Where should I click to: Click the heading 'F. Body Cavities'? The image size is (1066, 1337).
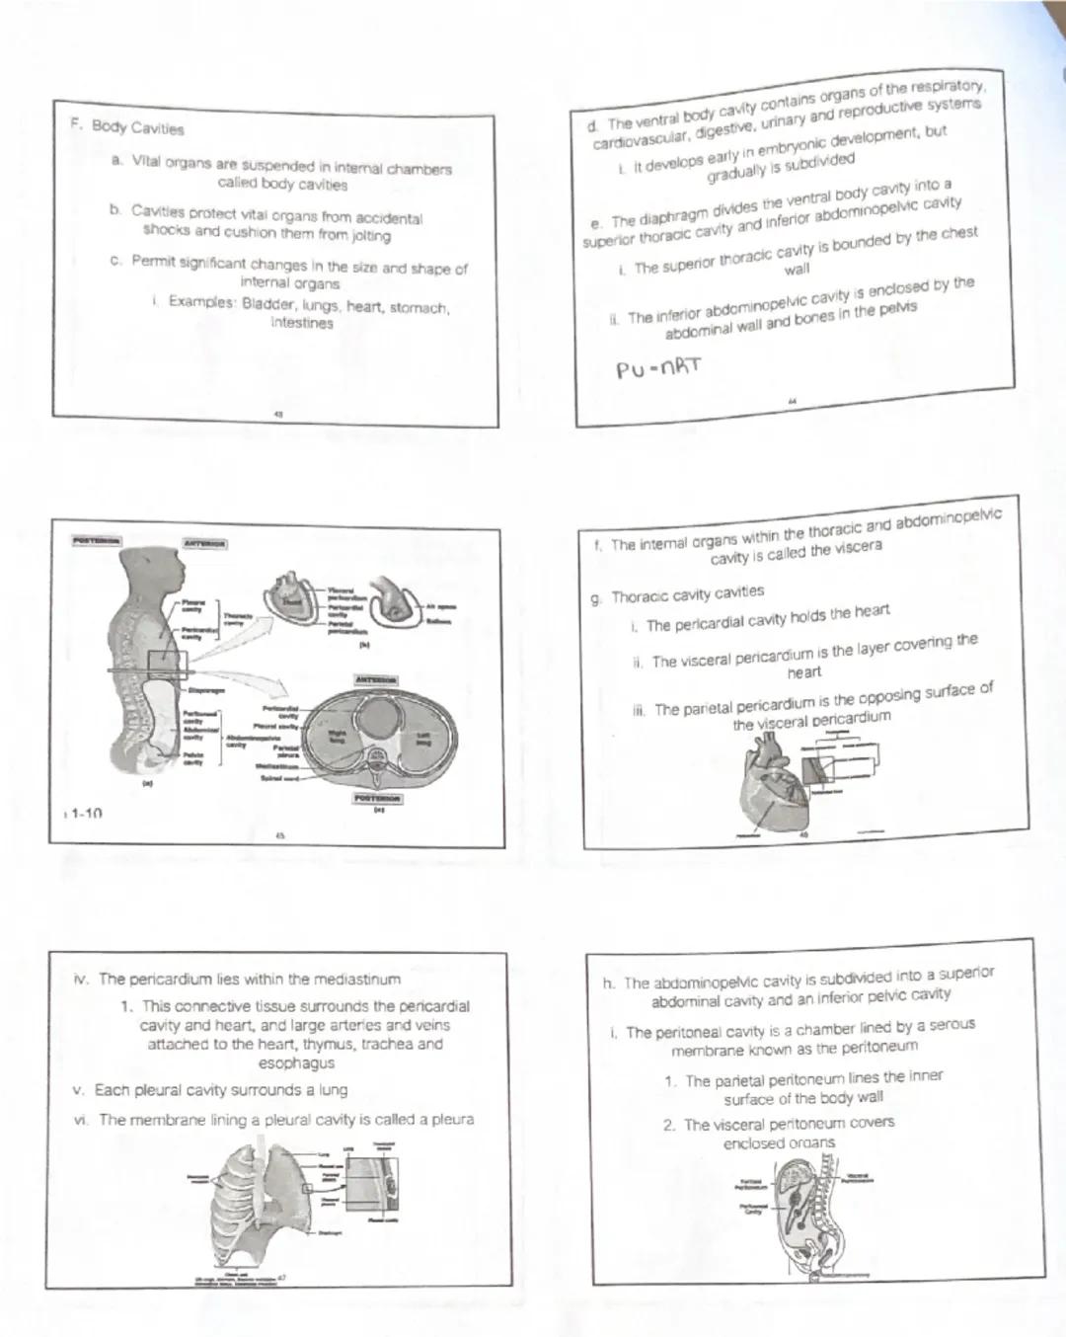(127, 126)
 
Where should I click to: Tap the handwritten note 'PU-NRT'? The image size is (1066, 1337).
(658, 368)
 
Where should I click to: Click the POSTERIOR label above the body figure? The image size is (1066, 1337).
(96, 540)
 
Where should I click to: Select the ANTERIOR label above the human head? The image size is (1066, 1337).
(204, 543)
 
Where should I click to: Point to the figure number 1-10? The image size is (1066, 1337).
(84, 813)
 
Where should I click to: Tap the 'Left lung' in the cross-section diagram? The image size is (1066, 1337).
(423, 738)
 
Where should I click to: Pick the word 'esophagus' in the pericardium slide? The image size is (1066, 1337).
(296, 1062)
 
